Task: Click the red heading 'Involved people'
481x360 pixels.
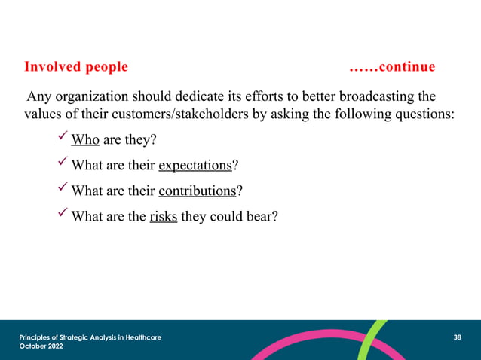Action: click(x=76, y=67)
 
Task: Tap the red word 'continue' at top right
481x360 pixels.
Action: click(x=407, y=67)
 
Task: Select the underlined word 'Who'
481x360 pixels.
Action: click(x=85, y=140)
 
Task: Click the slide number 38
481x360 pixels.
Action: click(x=457, y=337)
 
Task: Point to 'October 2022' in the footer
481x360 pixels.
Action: click(x=41, y=346)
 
